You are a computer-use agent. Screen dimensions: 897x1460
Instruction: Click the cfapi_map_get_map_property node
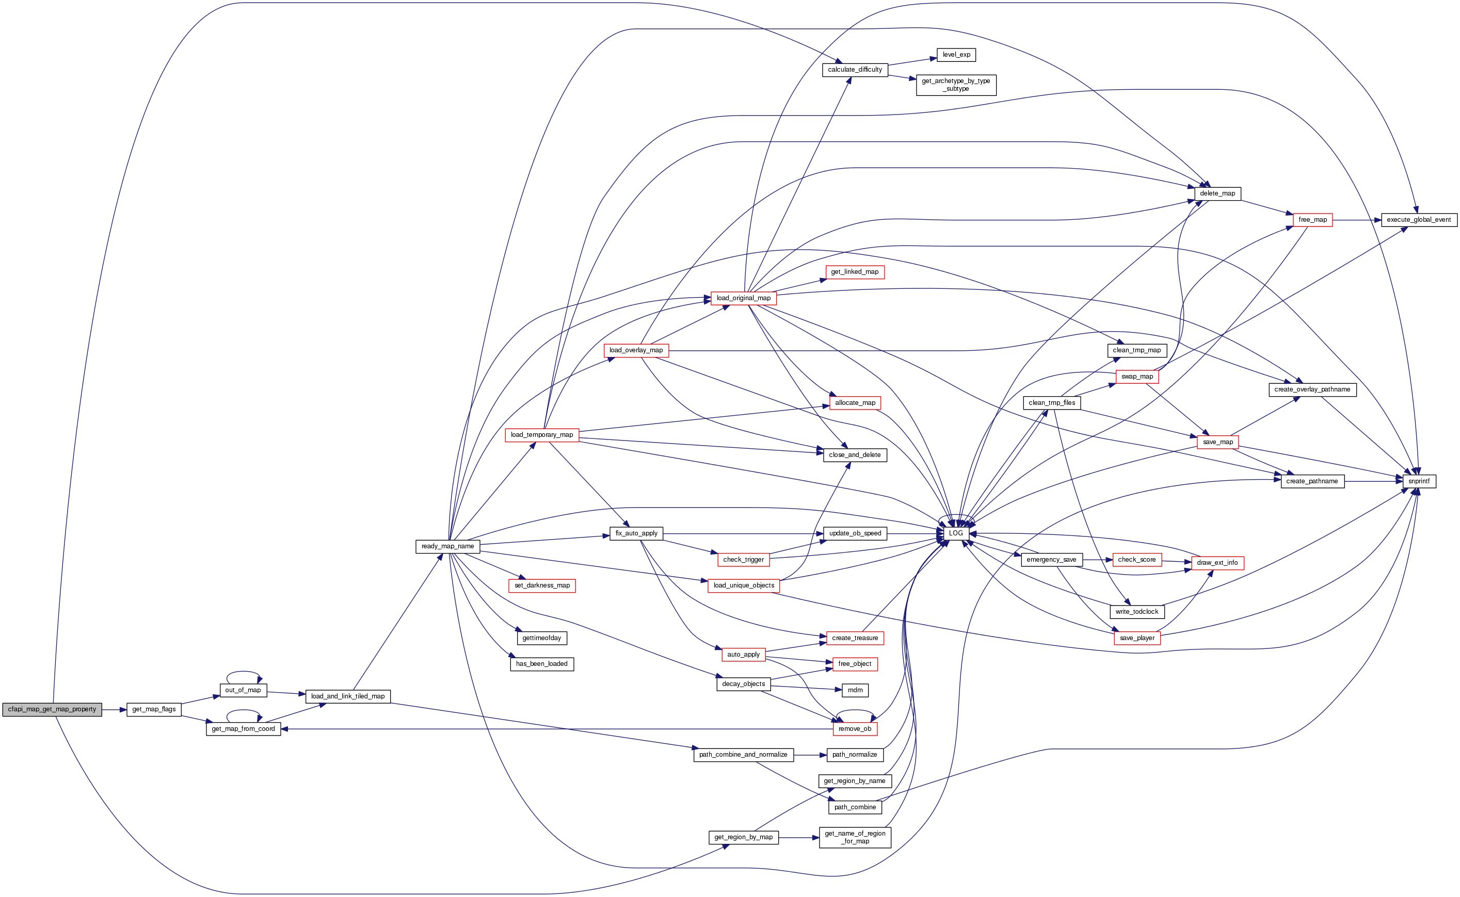coord(52,710)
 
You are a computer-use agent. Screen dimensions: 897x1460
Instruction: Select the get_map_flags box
coord(154,710)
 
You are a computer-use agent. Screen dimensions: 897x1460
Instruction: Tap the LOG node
coord(956,533)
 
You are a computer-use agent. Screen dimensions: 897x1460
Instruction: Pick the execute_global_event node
coord(1418,220)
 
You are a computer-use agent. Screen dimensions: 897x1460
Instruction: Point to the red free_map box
coord(1312,220)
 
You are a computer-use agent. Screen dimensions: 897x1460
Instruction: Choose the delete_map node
coord(1217,193)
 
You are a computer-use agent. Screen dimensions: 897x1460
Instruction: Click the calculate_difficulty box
coord(855,70)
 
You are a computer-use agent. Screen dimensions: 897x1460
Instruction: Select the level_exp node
coord(956,55)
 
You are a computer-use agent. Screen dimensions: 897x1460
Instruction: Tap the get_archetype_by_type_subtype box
coord(956,85)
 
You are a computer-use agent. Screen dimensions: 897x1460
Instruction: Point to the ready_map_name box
coord(447,546)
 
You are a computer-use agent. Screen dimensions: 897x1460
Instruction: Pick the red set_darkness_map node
coord(542,585)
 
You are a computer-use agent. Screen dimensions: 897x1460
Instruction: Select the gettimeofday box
coord(541,639)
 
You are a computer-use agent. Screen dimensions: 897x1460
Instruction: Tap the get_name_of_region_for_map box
coord(855,837)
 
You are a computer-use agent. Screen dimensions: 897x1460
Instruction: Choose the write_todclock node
coord(1136,612)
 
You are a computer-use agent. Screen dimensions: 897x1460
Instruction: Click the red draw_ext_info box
coord(1217,562)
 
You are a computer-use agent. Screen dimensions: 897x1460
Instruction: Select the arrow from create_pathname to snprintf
coord(1373,481)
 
